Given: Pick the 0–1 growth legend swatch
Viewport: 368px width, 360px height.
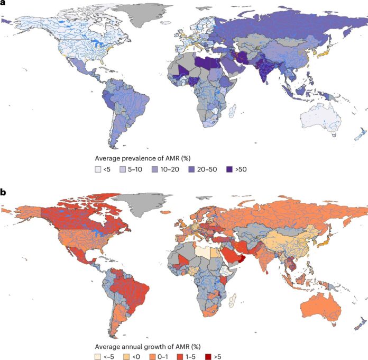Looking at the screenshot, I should coord(152,356).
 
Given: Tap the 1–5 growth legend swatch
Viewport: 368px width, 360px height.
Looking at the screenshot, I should coord(178,356).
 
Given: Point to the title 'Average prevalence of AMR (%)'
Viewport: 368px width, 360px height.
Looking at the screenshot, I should coord(139,158).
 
